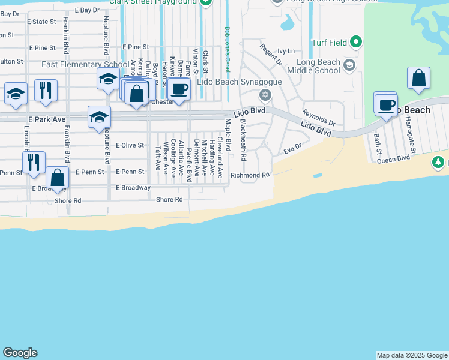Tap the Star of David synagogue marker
click(x=265, y=95)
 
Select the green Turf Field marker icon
click(x=356, y=42)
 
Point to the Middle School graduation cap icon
click(x=349, y=65)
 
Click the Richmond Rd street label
click(x=250, y=175)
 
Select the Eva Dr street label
click(x=292, y=148)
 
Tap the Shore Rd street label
click(x=169, y=199)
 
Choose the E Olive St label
click(x=130, y=145)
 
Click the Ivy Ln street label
click(x=286, y=52)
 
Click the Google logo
click(x=20, y=353)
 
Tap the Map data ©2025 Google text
click(x=412, y=355)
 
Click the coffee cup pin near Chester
click(x=179, y=90)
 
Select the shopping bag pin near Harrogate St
click(x=418, y=79)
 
